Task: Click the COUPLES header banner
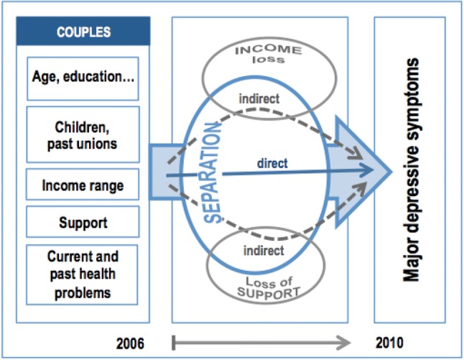[x=83, y=31]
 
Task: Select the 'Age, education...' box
[x=83, y=78]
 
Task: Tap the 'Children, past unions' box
[x=83, y=134]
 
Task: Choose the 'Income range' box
[x=83, y=184]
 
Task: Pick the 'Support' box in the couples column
[x=83, y=222]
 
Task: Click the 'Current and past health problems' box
[x=82, y=274]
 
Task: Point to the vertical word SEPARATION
[x=213, y=172]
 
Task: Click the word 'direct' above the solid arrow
[x=272, y=163]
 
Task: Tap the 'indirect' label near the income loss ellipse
[x=259, y=98]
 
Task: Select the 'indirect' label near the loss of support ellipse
[x=264, y=251]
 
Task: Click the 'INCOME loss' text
[x=269, y=55]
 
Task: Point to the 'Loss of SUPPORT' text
[x=269, y=287]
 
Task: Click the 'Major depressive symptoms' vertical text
[x=411, y=170]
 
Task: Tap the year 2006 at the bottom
[x=130, y=343]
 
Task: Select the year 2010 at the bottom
[x=389, y=343]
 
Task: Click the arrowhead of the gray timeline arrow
[x=344, y=343]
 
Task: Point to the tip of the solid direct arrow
[x=373, y=170]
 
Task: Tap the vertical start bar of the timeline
[x=174, y=343]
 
